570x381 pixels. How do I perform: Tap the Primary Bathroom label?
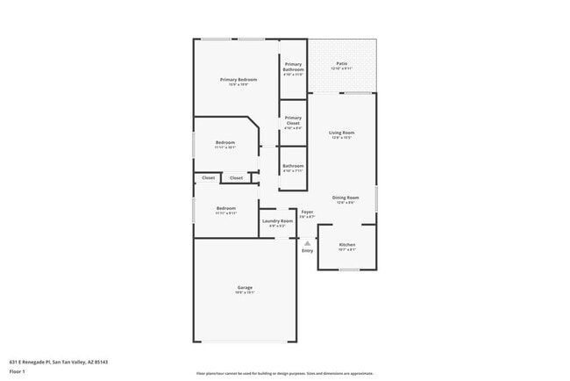293,66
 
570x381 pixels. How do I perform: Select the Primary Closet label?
293,120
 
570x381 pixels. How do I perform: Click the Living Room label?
341,133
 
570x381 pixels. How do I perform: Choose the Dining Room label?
346,198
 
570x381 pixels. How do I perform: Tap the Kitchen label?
347,244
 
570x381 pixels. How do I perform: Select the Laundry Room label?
277,221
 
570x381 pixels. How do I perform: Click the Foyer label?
307,212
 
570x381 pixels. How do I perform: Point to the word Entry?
307,251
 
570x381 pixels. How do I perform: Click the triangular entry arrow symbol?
307,243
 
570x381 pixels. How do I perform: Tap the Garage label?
245,287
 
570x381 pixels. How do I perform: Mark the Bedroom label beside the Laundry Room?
226,208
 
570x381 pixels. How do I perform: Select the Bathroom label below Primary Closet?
293,166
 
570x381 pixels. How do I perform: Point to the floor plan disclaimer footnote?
284,373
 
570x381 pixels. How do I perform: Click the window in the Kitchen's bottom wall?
349,270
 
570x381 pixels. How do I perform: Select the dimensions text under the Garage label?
245,292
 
